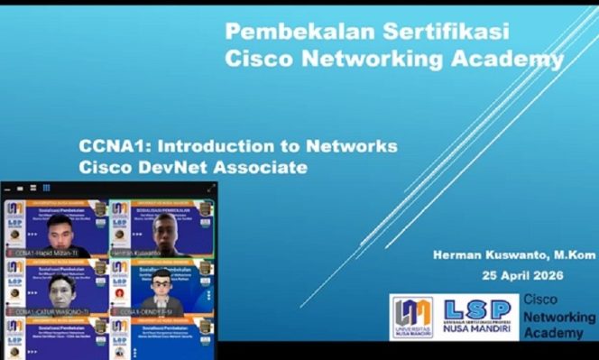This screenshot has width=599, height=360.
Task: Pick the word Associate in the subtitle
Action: tap(261, 168)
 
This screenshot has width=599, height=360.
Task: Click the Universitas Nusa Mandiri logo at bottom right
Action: tap(411, 318)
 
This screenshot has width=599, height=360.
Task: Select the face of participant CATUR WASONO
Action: tap(60, 289)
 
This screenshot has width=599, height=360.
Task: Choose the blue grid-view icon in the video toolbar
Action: tap(46, 188)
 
